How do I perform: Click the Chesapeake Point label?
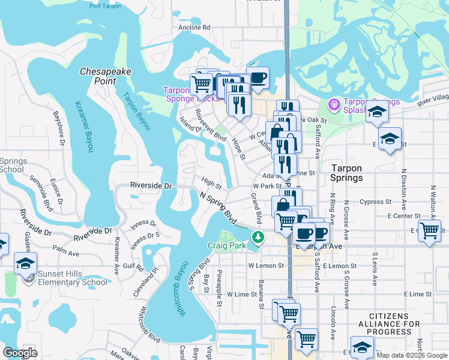(106, 76)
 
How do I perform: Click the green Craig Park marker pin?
(258, 238)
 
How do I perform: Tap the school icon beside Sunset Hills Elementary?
(26, 264)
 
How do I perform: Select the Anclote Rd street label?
(194, 28)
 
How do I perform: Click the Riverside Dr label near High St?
(151, 186)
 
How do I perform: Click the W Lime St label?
(242, 295)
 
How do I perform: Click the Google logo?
(20, 353)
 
